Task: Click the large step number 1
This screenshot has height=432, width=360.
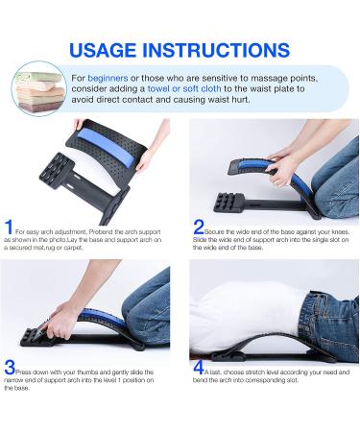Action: click(x=9, y=228)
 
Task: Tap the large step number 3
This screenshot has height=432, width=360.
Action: click(x=10, y=366)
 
